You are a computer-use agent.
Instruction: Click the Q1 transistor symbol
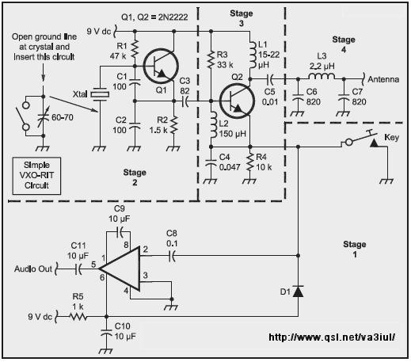161,66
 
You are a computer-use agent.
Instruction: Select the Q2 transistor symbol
237,101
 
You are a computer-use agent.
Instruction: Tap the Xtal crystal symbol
100,94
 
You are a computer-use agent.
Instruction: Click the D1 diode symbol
298,292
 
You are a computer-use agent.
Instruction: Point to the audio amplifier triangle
120,269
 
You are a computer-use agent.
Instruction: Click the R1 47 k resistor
135,49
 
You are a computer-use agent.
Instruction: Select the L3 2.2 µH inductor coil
322,76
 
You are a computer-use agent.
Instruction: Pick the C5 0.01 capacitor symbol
271,78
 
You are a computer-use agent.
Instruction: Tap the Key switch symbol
362,139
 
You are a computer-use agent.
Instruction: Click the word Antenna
383,79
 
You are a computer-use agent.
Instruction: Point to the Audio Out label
33,269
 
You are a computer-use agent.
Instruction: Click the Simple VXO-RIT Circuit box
36,176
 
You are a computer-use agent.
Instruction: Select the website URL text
332,337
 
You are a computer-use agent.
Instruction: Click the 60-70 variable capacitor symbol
44,116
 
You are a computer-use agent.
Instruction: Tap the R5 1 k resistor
78,316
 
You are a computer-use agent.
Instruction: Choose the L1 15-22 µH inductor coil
252,55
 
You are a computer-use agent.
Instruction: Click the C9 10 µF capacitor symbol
120,232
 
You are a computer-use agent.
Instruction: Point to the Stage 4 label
344,44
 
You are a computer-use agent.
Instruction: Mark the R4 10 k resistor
249,162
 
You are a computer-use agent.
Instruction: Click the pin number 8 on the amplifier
126,245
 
